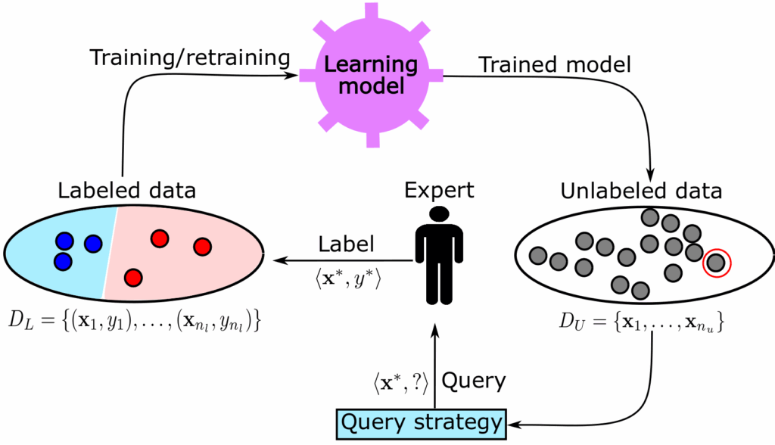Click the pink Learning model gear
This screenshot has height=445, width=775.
pos(371,76)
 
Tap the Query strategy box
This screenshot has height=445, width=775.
pos(422,425)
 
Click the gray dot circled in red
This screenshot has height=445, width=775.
pos(716,263)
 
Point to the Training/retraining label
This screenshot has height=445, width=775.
pos(190,58)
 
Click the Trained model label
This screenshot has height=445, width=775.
pos(555,65)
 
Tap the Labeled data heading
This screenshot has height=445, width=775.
pos(127,191)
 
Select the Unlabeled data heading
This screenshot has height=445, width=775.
pos(641,191)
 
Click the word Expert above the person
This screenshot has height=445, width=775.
pos(439,191)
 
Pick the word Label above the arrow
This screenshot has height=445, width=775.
pos(346,244)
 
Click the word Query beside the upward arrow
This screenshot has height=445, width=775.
pos(474,381)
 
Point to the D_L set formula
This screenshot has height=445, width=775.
pos(134,322)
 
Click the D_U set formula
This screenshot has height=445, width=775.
pos(642,322)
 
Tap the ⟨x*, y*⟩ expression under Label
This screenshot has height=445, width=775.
pos(348,279)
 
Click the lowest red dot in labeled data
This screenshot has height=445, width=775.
pos(133,278)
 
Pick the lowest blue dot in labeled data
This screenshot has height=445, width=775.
pos(64,262)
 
